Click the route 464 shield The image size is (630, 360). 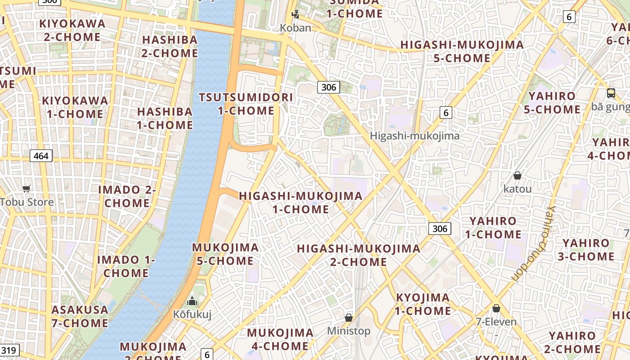(41, 156)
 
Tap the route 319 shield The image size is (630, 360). (9, 351)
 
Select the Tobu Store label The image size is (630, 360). (27, 202)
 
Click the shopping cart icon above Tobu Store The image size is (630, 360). (27, 189)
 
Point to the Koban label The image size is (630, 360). (296, 28)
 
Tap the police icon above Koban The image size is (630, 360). (295, 14)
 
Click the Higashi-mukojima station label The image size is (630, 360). (414, 136)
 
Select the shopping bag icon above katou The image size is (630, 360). (517, 175)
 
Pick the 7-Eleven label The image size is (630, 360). (496, 322)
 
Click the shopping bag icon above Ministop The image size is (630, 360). (349, 318)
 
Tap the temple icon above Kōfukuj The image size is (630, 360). (192, 301)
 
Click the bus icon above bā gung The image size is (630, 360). (611, 93)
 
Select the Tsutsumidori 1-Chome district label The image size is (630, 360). (246, 104)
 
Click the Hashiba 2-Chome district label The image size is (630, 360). (170, 46)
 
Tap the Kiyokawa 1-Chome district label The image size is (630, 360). (75, 107)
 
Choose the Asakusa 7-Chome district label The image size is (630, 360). (80, 316)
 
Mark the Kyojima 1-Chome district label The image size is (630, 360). (423, 304)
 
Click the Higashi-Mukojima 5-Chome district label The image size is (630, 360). (462, 51)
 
